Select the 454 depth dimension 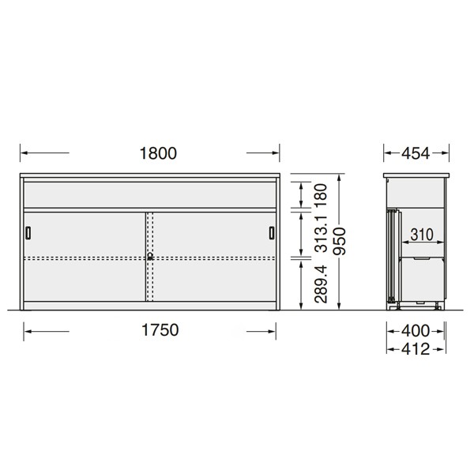416,153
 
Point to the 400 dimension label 416,331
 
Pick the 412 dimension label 416,348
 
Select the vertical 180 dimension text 321,194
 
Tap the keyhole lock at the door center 149,256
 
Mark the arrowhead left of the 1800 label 22,153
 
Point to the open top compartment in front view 150,194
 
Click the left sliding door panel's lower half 83,280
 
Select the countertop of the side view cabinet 416,175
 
